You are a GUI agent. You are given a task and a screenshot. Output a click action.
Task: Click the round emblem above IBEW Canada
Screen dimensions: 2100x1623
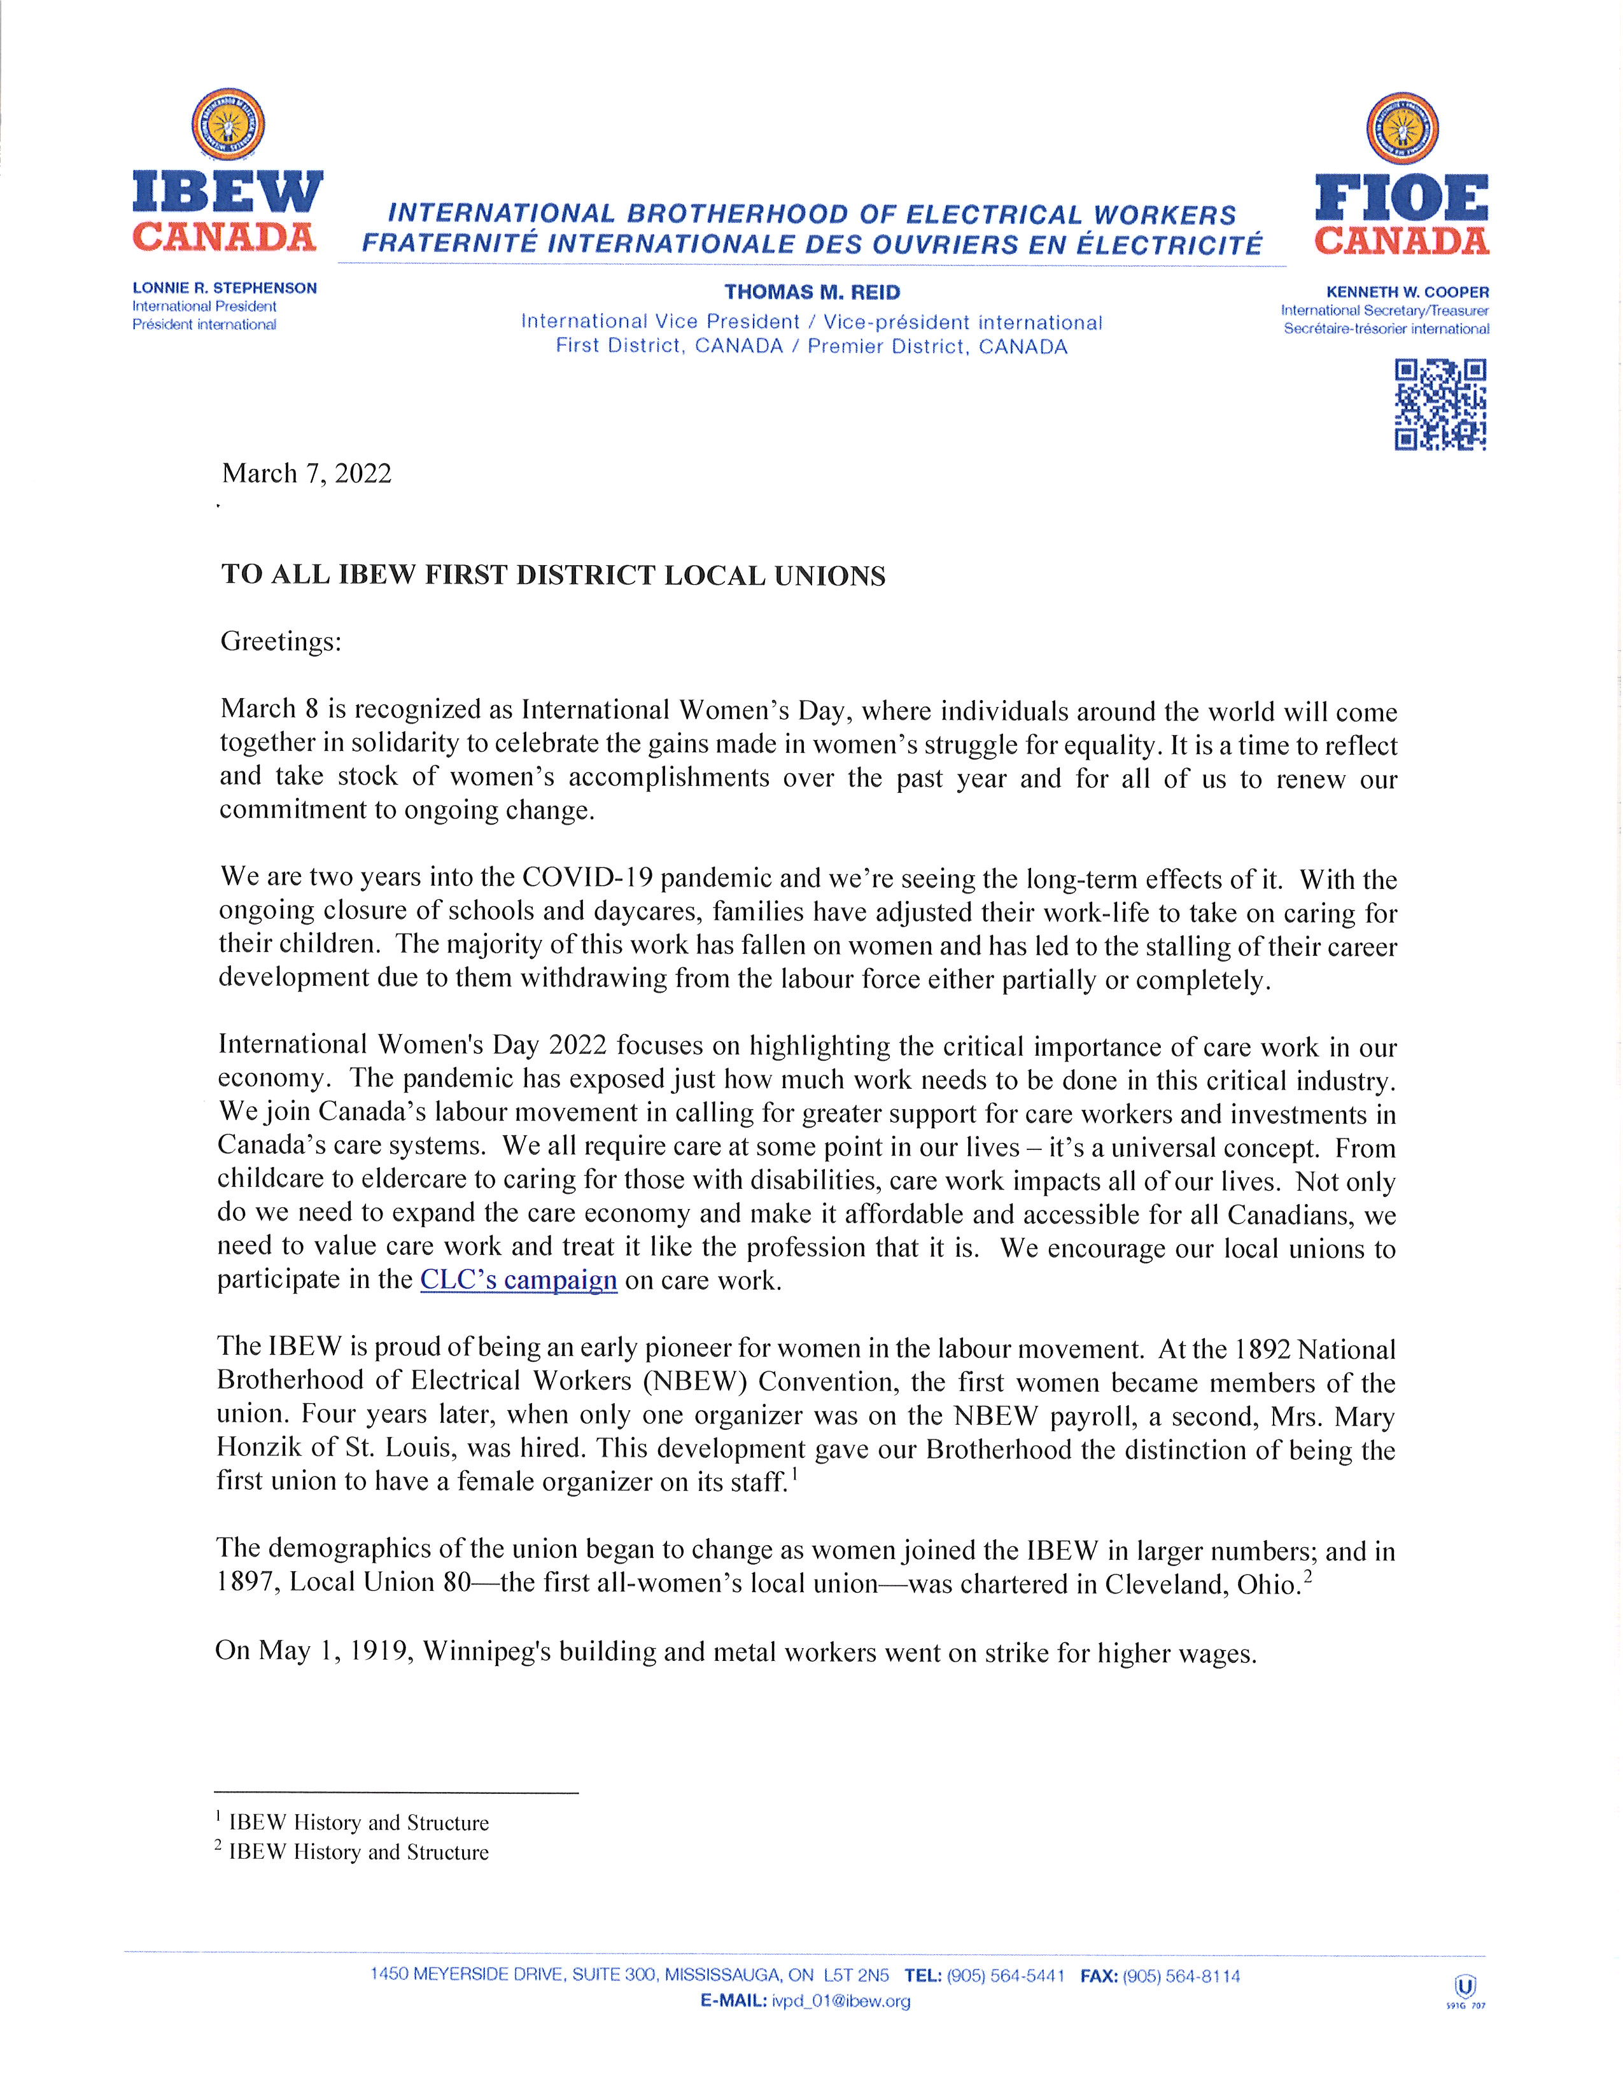(228, 124)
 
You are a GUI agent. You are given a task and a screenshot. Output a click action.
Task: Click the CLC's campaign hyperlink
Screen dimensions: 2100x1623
(518, 1281)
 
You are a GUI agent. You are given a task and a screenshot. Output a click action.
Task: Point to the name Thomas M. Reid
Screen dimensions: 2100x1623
(811, 292)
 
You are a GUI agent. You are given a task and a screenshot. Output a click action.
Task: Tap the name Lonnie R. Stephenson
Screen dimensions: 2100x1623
(224, 288)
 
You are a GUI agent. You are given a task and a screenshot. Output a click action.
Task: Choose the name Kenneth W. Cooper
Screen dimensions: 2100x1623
(1408, 292)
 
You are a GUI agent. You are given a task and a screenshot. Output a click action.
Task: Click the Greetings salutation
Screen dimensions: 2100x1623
(281, 641)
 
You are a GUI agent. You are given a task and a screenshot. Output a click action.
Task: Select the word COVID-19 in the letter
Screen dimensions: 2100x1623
(587, 879)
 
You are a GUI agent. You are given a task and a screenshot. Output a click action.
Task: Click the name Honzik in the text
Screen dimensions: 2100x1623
(258, 1448)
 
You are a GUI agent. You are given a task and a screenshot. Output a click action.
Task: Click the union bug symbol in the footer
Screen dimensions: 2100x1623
(1466, 1987)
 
